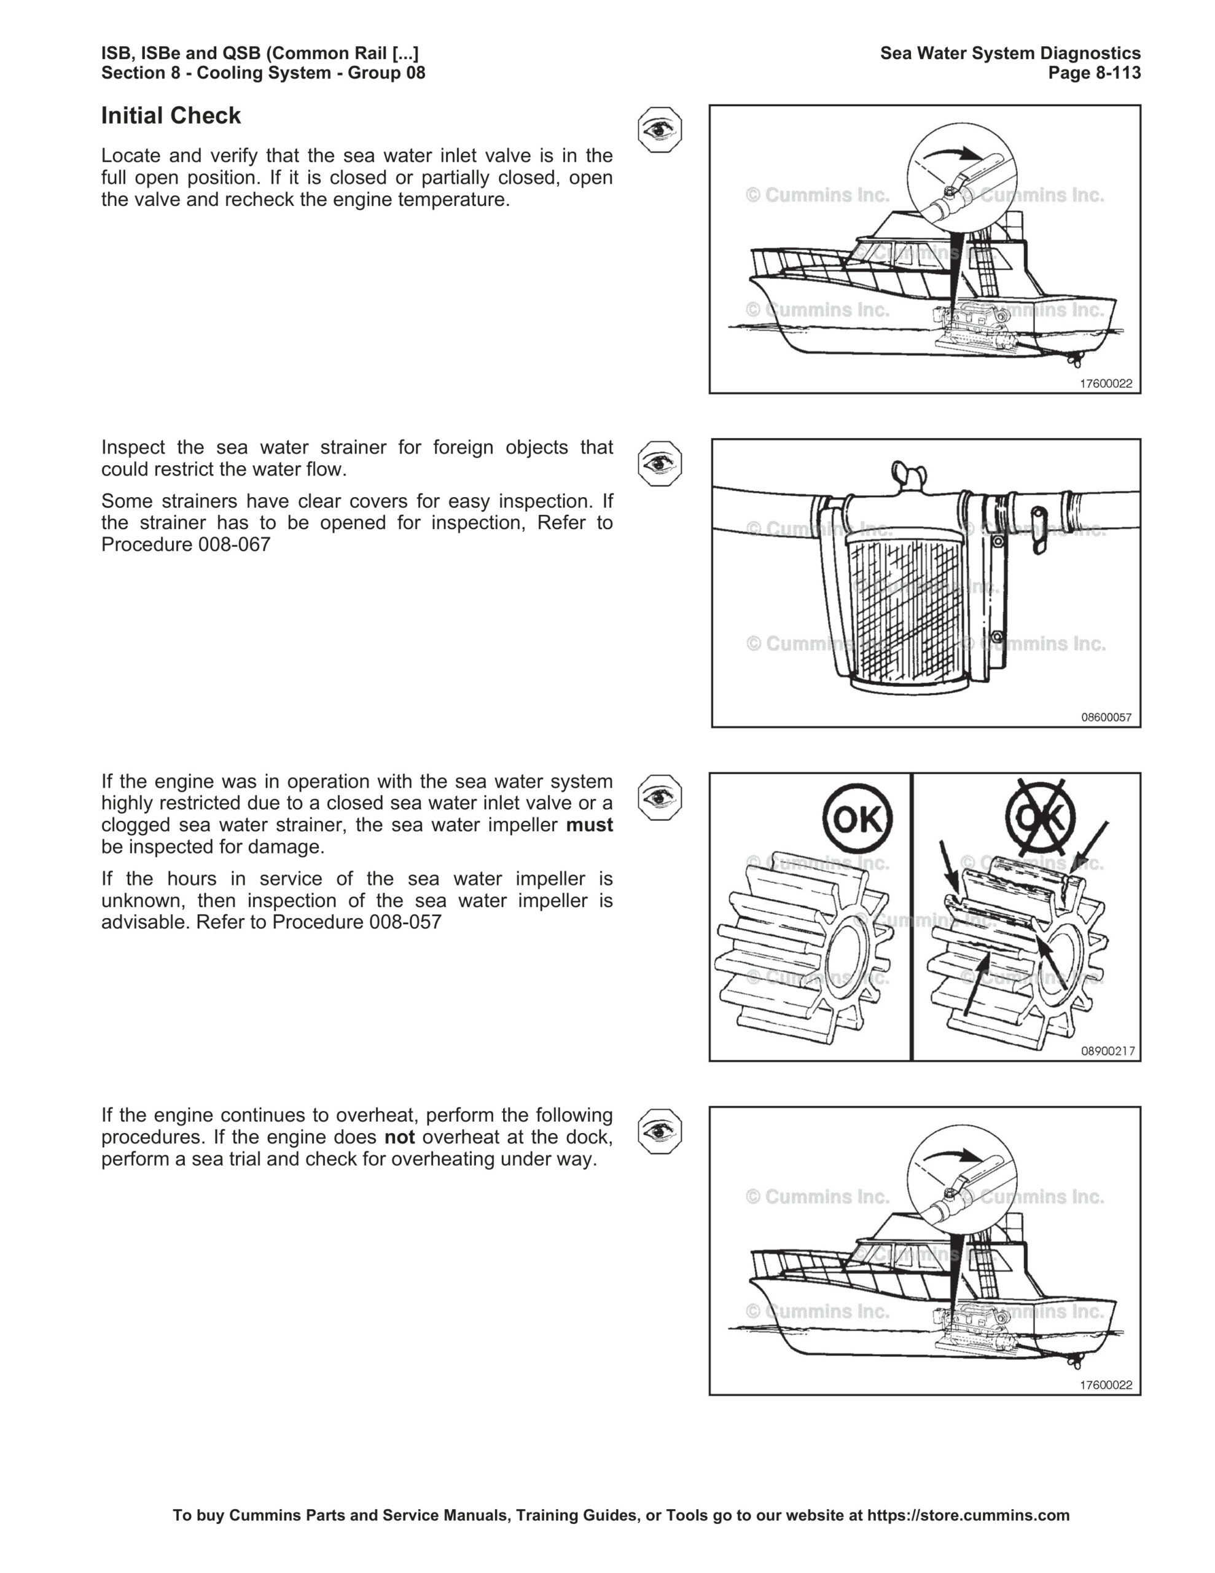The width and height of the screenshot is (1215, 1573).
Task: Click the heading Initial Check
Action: click(171, 116)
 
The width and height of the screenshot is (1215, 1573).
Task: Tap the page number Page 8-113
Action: click(1094, 73)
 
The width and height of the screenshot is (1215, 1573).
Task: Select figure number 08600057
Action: click(1106, 717)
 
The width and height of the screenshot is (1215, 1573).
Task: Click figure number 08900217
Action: click(1107, 1051)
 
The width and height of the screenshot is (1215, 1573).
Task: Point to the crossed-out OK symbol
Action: click(1039, 817)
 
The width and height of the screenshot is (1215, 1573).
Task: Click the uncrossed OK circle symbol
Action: click(856, 818)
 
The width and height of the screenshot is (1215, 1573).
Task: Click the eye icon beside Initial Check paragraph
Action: click(659, 130)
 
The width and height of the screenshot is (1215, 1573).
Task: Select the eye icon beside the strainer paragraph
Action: click(659, 463)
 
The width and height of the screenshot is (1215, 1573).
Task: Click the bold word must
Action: click(589, 825)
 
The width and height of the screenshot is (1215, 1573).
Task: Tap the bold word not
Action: click(399, 1137)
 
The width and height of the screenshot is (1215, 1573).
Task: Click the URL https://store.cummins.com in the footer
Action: click(968, 1515)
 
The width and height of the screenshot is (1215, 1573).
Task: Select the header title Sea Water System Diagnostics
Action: click(1010, 53)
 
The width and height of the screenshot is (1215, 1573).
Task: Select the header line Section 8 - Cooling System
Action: click(263, 73)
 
